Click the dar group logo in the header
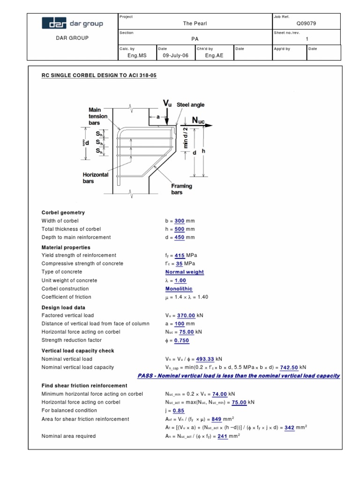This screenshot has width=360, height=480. (x=72, y=23)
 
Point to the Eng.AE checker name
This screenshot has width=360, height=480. (x=213, y=55)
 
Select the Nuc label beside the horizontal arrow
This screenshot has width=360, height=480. (x=198, y=121)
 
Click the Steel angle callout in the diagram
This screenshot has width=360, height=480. (x=190, y=105)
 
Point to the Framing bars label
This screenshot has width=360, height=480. (x=181, y=189)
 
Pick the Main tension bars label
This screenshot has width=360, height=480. (x=98, y=116)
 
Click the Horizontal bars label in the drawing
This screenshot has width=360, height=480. (x=95, y=178)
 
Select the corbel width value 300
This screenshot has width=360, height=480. (x=179, y=221)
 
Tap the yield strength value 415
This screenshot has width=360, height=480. (x=180, y=255)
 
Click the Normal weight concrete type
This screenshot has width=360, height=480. (x=185, y=272)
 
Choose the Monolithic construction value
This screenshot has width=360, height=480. (x=179, y=289)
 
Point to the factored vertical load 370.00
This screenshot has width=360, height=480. (x=186, y=315)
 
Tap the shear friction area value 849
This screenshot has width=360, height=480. (x=217, y=419)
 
